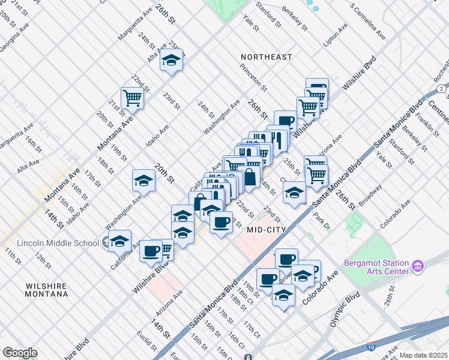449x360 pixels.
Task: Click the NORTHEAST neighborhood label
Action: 266,57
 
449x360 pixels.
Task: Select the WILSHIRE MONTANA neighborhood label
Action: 46,289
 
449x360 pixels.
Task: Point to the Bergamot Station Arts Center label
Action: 376,267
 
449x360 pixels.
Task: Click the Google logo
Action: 20,353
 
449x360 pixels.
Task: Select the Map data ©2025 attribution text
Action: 423,355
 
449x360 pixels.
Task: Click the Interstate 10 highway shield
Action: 372,346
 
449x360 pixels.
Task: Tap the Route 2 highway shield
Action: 441,89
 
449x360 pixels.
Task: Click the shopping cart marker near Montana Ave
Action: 132,97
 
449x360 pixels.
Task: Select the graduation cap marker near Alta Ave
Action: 172,61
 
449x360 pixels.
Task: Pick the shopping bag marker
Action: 250,177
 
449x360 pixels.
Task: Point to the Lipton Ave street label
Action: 336,35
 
